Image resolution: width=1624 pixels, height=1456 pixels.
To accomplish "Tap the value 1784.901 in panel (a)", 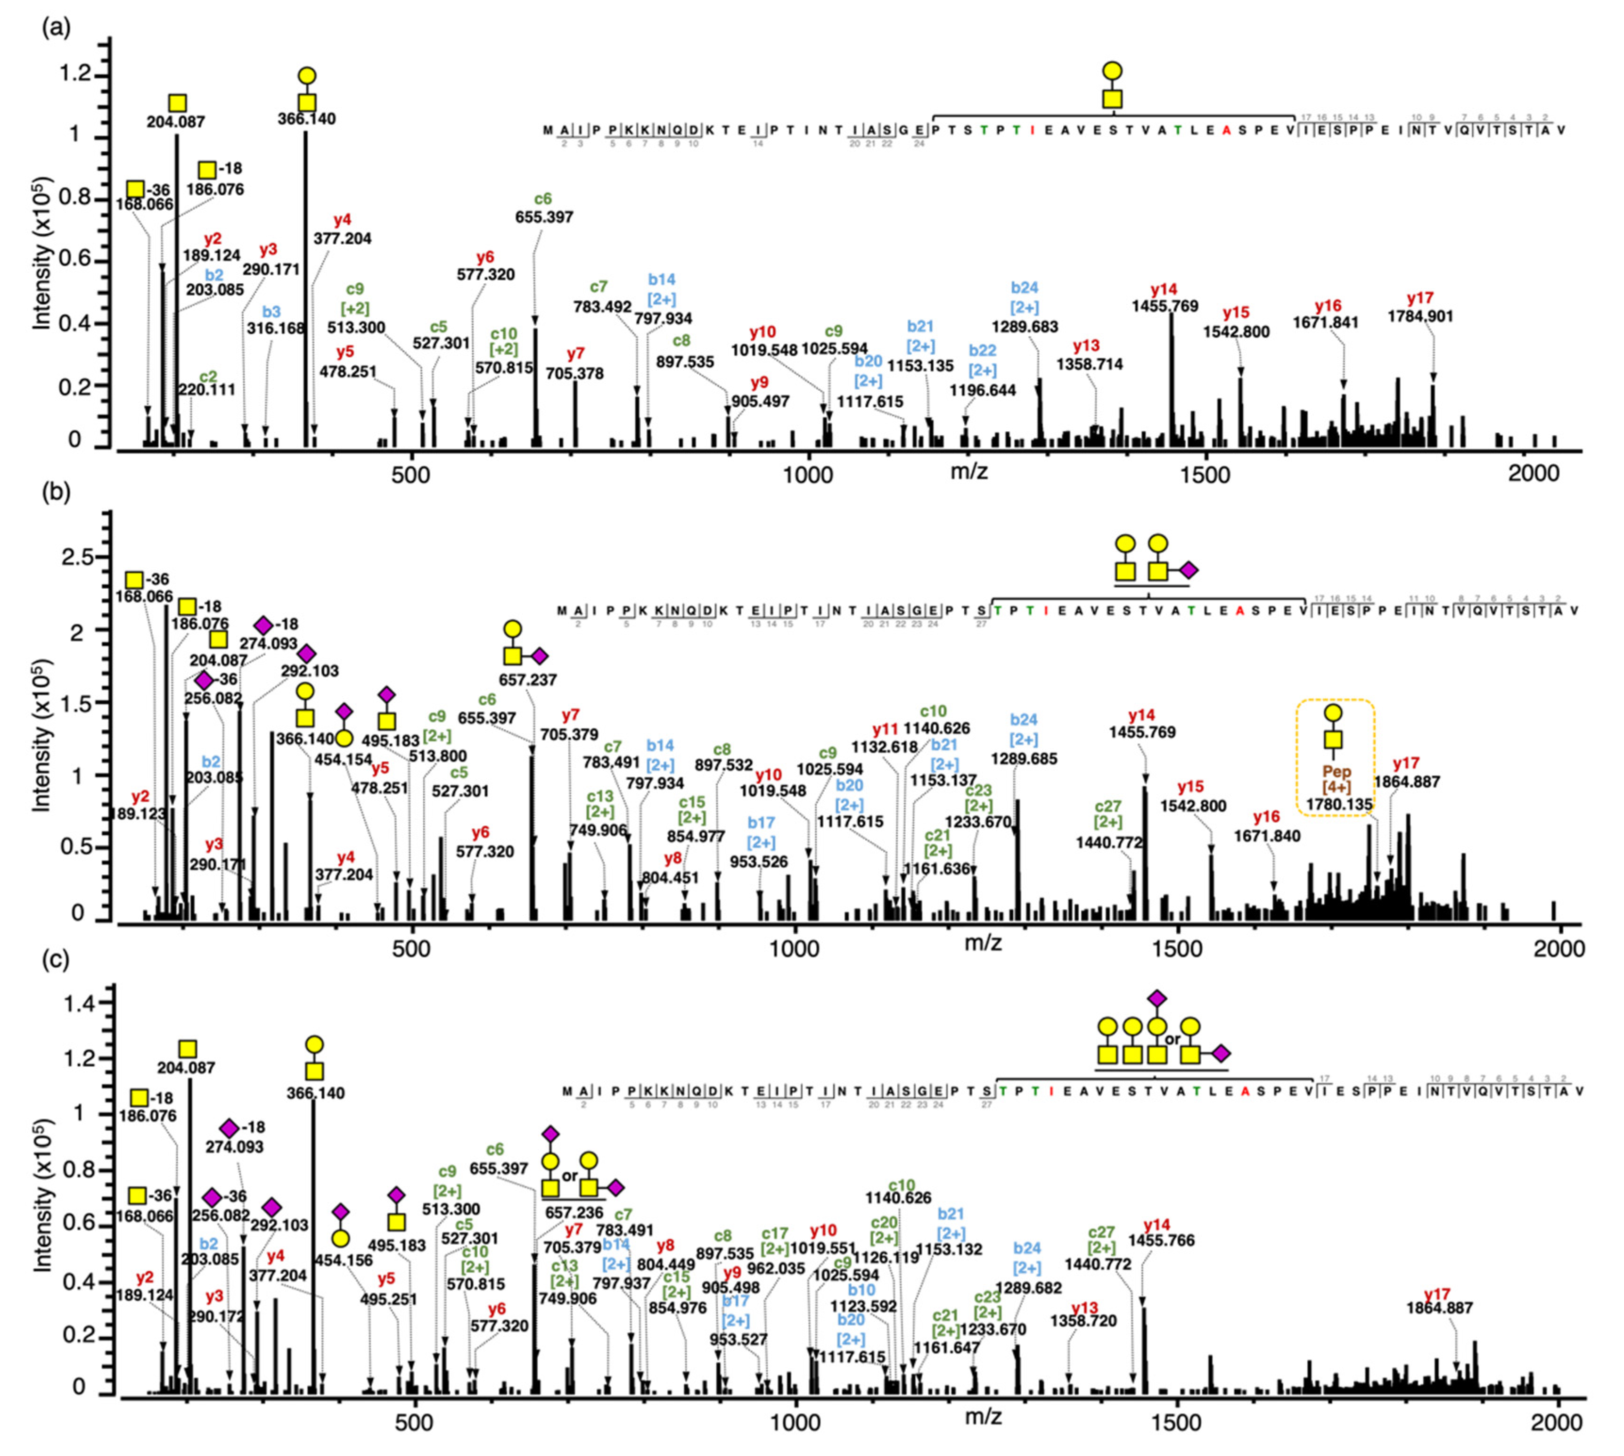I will [x=1420, y=317].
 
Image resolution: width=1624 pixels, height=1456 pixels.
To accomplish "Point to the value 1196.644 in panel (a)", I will [x=983, y=390].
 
